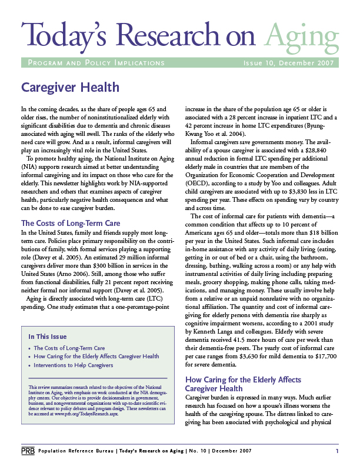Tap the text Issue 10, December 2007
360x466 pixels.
(x=289, y=63)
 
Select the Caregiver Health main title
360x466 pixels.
(x=70, y=88)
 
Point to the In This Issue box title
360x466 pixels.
(x=47, y=337)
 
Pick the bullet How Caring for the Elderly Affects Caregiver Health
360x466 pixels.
(x=96, y=357)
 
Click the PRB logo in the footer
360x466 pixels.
(x=27, y=451)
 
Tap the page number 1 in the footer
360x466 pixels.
(x=337, y=451)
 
